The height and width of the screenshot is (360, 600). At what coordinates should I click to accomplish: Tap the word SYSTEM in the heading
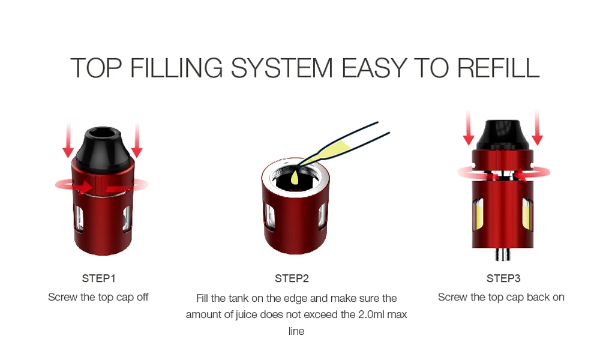pyautogui.click(x=281, y=68)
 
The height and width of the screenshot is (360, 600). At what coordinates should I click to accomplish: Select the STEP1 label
pyautogui.click(x=98, y=278)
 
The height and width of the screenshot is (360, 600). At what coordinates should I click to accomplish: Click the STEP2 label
pyautogui.click(x=292, y=278)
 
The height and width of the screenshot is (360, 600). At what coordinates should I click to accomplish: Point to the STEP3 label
pyautogui.click(x=503, y=278)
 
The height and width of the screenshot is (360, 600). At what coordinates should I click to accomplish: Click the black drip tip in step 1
pyautogui.click(x=103, y=148)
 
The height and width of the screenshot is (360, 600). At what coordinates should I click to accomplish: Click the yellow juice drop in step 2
pyautogui.click(x=295, y=178)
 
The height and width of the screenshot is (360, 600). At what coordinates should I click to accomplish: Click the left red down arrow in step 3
pyautogui.click(x=469, y=128)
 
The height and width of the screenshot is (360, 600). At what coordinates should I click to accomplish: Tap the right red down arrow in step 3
pyautogui.click(x=537, y=128)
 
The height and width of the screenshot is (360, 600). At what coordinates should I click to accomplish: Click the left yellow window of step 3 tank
pyautogui.click(x=478, y=214)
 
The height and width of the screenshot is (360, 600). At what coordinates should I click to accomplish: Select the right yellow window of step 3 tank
pyautogui.click(x=527, y=214)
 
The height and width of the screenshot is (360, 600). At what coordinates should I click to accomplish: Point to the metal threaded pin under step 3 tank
pyautogui.click(x=502, y=254)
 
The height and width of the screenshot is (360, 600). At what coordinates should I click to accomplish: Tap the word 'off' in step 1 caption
pyautogui.click(x=142, y=297)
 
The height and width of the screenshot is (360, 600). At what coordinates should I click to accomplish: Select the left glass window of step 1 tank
pyautogui.click(x=79, y=219)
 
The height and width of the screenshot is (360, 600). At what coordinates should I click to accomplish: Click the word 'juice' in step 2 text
pyautogui.click(x=246, y=315)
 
